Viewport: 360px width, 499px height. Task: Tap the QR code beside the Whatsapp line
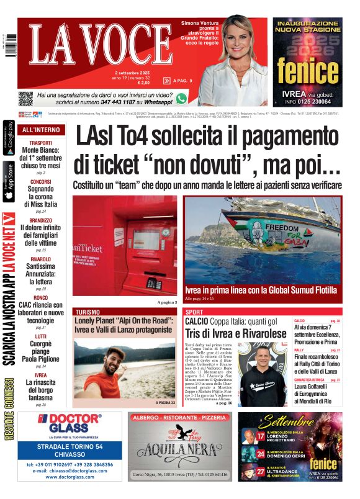[x=25, y=98]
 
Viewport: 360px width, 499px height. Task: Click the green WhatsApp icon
[x=181, y=98]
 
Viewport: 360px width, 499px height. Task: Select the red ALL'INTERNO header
[x=41, y=130]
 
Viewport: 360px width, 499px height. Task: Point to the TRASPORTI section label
[x=41, y=143]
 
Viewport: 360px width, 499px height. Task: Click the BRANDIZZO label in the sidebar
[x=41, y=220]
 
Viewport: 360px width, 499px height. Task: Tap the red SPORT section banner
[x=194, y=312]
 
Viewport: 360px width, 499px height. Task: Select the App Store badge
[x=9, y=181]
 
